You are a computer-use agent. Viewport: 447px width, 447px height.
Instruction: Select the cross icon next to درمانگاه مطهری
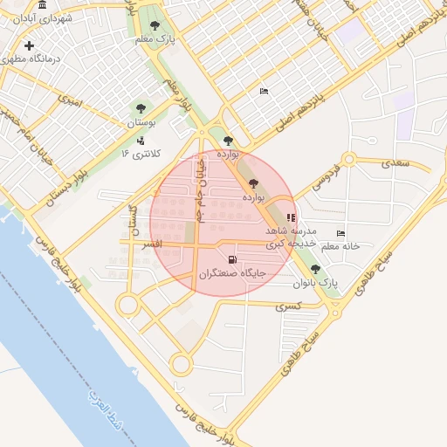point(30,45)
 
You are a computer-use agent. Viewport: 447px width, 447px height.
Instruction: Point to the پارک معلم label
point(161,39)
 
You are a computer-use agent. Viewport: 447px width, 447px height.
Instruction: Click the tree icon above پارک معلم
point(155,26)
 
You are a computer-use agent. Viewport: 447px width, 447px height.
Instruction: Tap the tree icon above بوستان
point(141,109)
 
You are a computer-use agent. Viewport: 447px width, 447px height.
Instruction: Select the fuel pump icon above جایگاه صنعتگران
point(231,259)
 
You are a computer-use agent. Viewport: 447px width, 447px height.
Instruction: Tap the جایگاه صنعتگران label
point(231,273)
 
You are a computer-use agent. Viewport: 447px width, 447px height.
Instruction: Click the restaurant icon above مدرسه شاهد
point(291,217)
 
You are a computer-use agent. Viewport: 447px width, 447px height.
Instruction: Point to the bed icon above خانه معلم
point(340,233)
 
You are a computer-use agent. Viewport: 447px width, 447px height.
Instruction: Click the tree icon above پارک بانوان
point(315,270)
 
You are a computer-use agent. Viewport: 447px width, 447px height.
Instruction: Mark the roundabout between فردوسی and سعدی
point(349,160)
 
